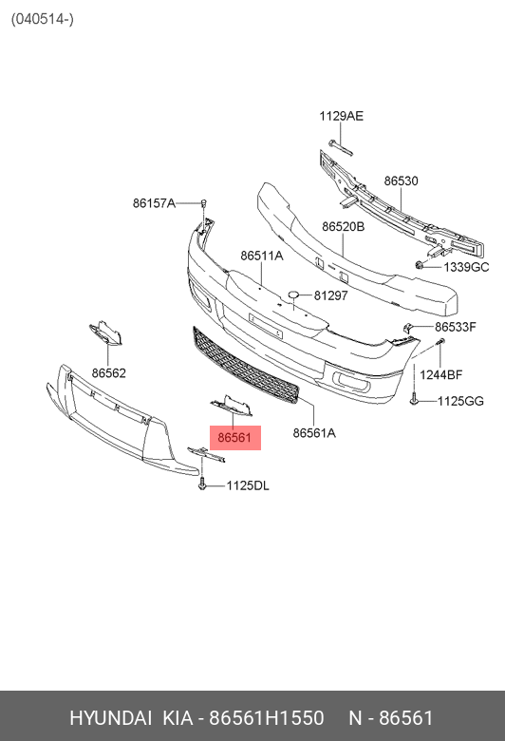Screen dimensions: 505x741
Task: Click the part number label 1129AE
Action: click(x=341, y=116)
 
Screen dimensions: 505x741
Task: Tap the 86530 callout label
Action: click(x=401, y=181)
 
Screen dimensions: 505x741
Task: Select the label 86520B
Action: click(x=343, y=227)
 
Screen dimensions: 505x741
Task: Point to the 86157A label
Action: click(x=154, y=203)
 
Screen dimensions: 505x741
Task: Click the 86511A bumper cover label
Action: click(x=262, y=256)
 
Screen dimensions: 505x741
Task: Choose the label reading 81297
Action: click(x=330, y=295)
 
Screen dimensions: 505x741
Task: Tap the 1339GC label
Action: click(x=466, y=268)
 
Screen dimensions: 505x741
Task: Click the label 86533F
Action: click(x=456, y=327)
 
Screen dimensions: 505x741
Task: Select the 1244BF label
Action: click(x=441, y=375)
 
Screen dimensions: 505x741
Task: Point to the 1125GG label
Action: click(x=460, y=401)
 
